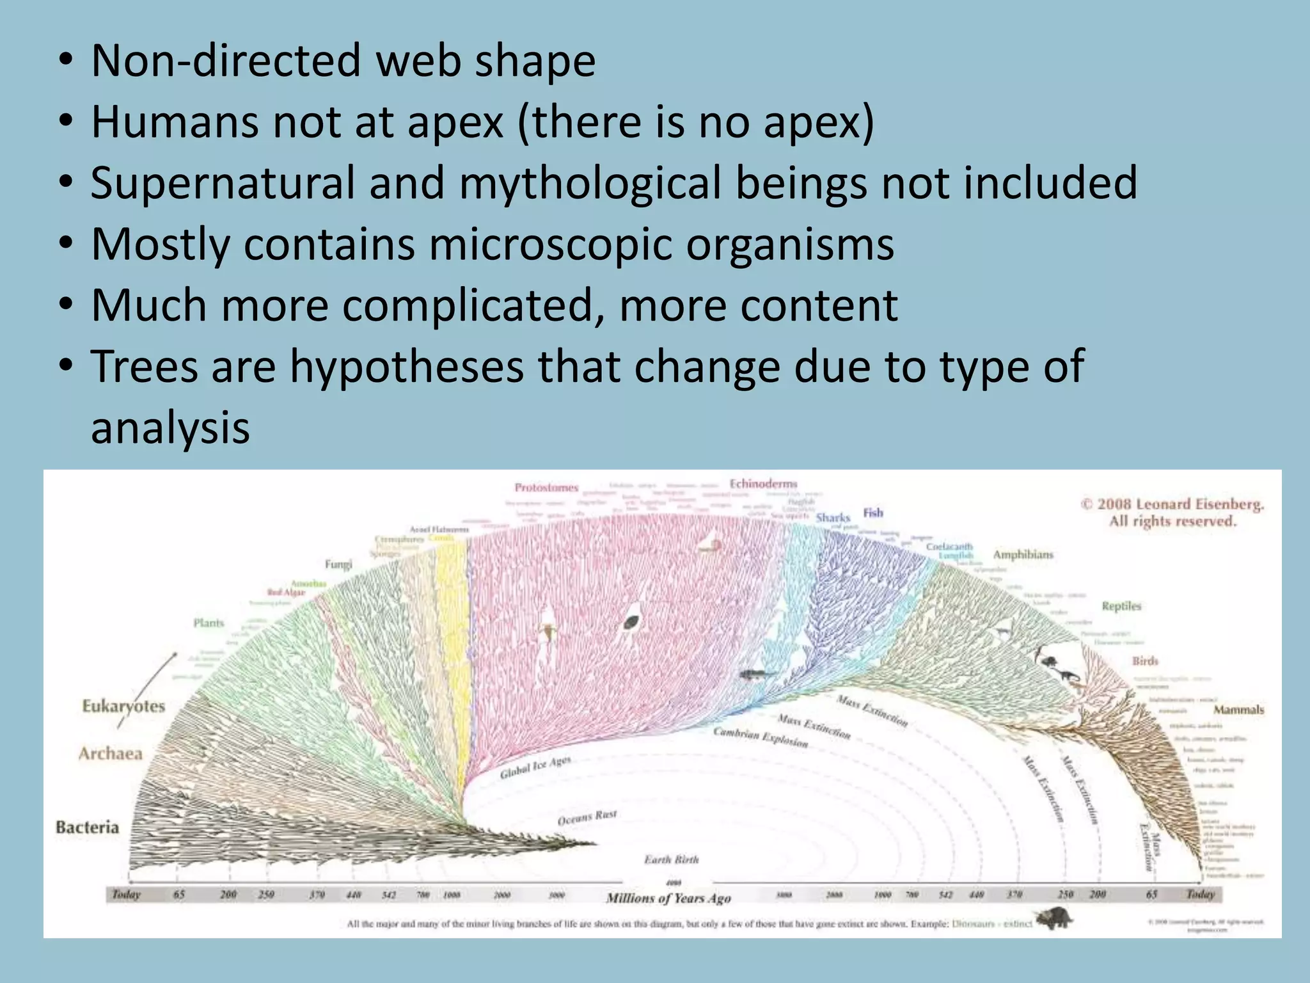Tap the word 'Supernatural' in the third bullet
pyautogui.click(x=222, y=183)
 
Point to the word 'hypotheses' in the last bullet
pyautogui.click(x=407, y=366)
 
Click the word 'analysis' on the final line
pyautogui.click(x=170, y=428)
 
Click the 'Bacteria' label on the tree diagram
pyautogui.click(x=88, y=827)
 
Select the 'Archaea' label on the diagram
pyautogui.click(x=111, y=753)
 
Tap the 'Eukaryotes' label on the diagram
pyautogui.click(x=123, y=707)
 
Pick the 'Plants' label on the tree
pyautogui.click(x=209, y=623)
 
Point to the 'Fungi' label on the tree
pyautogui.click(x=338, y=564)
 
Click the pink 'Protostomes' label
pyautogui.click(x=546, y=488)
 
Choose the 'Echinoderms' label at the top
pyautogui.click(x=764, y=484)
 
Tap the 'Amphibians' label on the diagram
pyautogui.click(x=1023, y=554)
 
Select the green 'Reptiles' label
pyautogui.click(x=1121, y=606)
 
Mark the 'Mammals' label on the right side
pyautogui.click(x=1238, y=710)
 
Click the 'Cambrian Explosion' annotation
pyautogui.click(x=761, y=737)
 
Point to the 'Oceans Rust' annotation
pyautogui.click(x=587, y=817)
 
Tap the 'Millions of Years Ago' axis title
pyautogui.click(x=668, y=899)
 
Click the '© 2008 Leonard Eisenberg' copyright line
pyautogui.click(x=1173, y=504)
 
